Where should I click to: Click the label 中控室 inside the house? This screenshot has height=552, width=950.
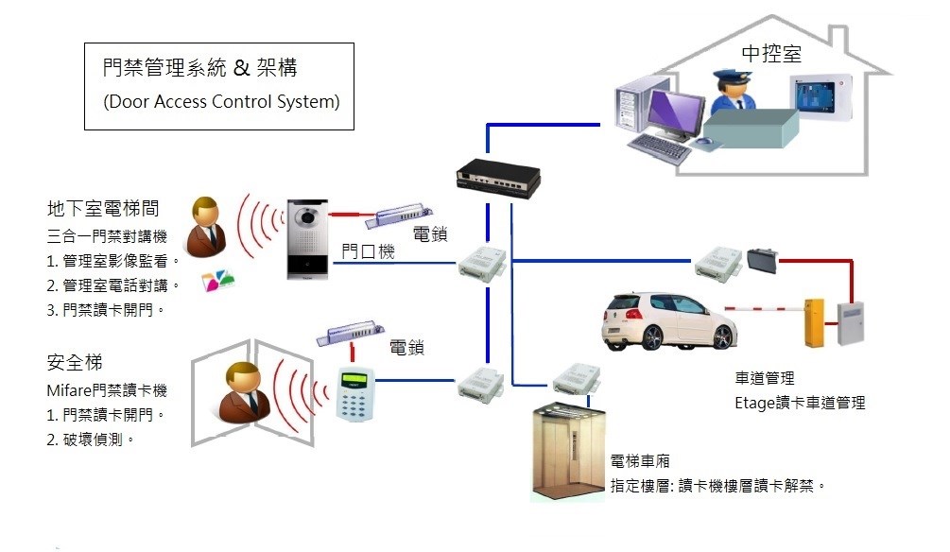(x=771, y=54)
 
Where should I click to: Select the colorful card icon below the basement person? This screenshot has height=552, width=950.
(x=214, y=281)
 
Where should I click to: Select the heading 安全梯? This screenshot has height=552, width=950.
(x=74, y=363)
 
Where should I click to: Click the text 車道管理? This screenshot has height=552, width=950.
(x=765, y=380)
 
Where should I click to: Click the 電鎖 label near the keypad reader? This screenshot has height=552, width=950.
(x=407, y=348)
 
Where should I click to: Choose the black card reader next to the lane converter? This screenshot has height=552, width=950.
(x=761, y=258)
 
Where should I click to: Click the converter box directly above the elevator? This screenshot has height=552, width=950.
(x=576, y=377)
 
